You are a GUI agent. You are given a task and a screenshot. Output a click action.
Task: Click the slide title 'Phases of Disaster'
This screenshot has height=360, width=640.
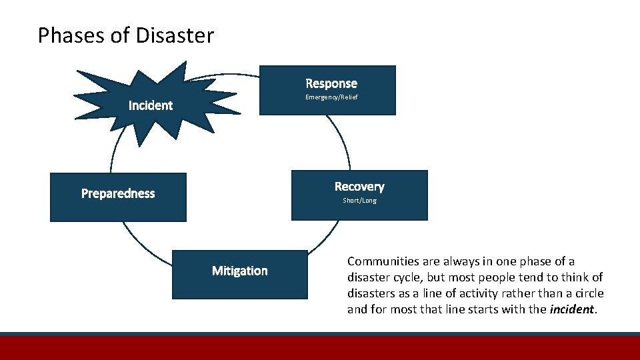(x=126, y=35)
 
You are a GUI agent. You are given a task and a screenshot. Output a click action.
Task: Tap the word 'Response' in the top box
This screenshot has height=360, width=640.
(x=331, y=83)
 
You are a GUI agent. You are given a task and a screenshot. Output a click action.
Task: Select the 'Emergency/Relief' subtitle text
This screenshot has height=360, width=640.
(x=331, y=97)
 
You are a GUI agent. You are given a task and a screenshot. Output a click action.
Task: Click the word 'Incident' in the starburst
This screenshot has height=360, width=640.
(x=150, y=105)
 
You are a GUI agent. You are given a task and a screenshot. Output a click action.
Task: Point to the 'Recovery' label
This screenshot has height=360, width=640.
(x=359, y=187)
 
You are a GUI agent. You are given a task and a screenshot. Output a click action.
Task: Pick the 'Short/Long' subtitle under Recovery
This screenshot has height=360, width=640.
(x=359, y=201)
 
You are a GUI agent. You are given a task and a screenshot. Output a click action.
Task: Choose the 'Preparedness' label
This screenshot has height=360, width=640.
(x=118, y=193)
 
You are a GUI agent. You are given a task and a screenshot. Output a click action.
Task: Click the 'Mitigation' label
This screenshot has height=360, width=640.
(x=240, y=271)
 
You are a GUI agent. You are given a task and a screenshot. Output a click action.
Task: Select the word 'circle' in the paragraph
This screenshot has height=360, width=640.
(x=587, y=293)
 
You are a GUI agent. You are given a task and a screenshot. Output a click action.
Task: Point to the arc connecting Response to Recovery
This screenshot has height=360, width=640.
(x=343, y=140)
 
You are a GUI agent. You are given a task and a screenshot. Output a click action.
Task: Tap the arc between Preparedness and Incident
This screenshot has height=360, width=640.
(x=113, y=153)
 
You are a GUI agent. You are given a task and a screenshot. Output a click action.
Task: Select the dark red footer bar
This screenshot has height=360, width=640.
(x=320, y=348)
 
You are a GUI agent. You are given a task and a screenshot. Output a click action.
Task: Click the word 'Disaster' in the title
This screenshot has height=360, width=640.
(x=175, y=35)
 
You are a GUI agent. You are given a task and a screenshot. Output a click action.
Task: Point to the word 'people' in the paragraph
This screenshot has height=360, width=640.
(x=499, y=277)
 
